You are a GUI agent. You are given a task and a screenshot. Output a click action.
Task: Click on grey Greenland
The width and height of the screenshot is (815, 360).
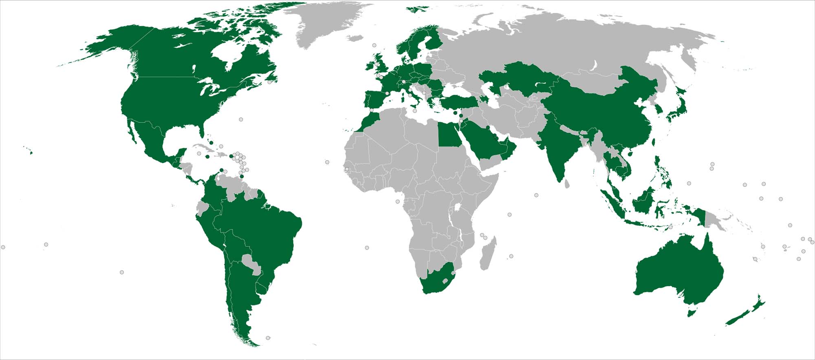[x=326, y=24]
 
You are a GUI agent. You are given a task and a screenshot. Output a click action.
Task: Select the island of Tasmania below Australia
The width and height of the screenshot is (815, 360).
[x=691, y=313]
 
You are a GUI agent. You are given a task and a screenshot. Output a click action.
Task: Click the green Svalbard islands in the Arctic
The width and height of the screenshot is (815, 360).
[x=418, y=8]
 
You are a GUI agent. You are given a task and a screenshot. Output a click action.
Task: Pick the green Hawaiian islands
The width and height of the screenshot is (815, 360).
[x=31, y=152]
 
